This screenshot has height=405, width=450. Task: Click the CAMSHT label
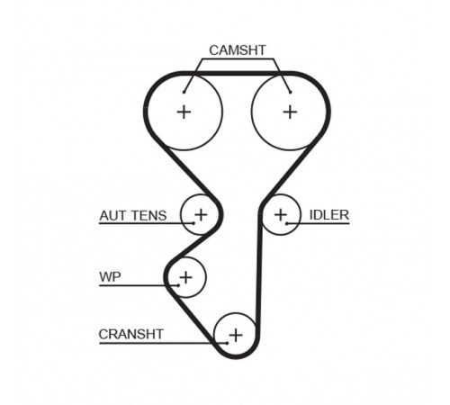click(x=238, y=50)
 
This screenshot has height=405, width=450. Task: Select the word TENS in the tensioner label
click(x=149, y=216)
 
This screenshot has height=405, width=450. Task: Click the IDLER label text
click(x=329, y=215)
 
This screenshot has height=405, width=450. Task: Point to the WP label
click(x=110, y=276)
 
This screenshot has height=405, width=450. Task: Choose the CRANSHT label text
click(x=130, y=334)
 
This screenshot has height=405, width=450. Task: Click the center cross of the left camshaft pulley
click(x=184, y=112)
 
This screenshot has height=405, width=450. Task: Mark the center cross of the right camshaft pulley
click(x=290, y=112)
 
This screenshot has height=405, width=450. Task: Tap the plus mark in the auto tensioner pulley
click(x=201, y=215)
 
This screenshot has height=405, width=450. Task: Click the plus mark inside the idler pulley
click(x=281, y=215)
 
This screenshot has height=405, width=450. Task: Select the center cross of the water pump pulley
click(x=186, y=277)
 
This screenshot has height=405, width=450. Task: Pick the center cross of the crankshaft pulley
click(x=236, y=335)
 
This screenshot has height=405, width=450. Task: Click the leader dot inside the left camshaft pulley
click(x=184, y=92)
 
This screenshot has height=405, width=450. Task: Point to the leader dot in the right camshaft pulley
click(x=291, y=92)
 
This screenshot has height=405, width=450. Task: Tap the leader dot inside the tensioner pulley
click(x=193, y=223)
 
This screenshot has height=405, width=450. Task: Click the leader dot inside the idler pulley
click(x=287, y=223)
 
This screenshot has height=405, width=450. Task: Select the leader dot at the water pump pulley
click(x=178, y=285)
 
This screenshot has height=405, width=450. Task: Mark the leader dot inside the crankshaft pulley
click(x=228, y=343)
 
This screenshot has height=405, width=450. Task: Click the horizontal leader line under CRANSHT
click(x=163, y=343)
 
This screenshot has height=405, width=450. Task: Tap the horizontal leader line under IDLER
click(x=319, y=223)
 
